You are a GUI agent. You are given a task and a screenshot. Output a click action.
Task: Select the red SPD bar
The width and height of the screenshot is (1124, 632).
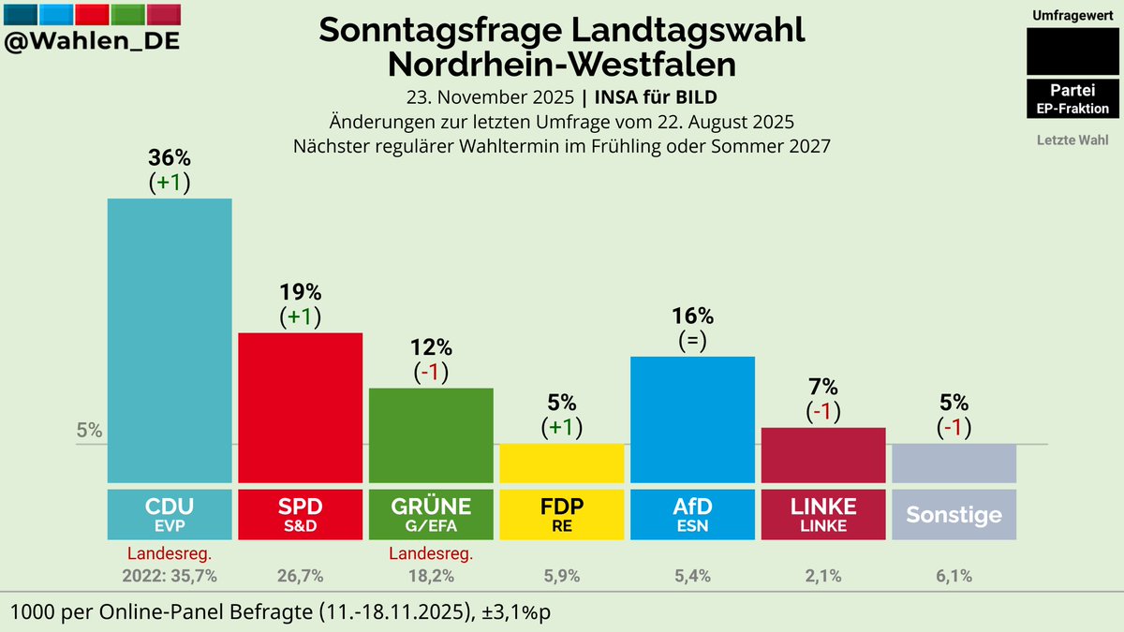(x=300, y=407)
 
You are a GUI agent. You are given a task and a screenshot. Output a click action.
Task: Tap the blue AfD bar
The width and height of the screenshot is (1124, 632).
(x=692, y=419)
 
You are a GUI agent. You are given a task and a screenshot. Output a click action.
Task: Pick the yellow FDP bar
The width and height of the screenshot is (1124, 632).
(x=561, y=463)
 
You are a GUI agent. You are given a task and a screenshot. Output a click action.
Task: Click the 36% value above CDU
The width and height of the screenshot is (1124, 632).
(x=170, y=158)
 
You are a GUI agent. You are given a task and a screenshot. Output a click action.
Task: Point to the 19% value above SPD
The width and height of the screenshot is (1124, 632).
(x=300, y=292)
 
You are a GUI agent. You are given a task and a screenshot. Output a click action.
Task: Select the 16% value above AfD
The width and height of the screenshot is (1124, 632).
(x=692, y=316)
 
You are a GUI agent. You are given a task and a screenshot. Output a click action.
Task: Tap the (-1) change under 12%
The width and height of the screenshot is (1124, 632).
(x=431, y=372)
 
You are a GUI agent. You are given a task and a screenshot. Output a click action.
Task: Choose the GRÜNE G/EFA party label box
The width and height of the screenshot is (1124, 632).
(x=431, y=514)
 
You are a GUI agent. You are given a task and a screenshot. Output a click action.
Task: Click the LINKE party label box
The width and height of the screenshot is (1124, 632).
(x=823, y=514)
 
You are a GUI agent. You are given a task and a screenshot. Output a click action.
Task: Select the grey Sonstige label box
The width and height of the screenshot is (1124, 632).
(x=954, y=514)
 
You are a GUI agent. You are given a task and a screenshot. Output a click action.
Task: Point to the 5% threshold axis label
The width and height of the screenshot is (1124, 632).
(x=89, y=432)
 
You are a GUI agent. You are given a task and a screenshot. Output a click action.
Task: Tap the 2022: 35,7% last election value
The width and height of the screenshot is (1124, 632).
(x=170, y=576)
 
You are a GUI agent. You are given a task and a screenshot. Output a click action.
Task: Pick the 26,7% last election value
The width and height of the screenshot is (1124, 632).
(x=300, y=576)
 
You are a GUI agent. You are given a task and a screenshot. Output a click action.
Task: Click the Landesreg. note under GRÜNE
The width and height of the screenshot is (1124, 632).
(x=431, y=553)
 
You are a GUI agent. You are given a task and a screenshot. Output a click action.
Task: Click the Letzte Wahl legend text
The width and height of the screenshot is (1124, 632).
(x=1072, y=140)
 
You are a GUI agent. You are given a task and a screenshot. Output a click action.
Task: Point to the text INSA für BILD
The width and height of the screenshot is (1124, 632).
(x=657, y=97)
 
